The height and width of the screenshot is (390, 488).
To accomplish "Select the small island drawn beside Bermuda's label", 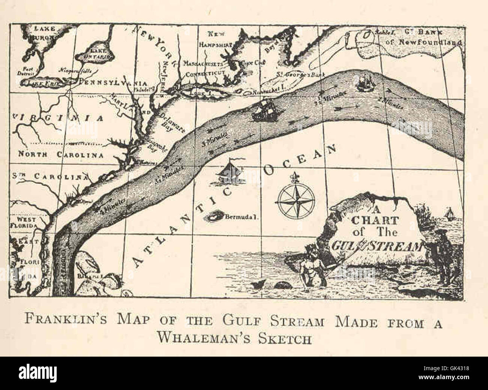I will pyautogui.click(x=215, y=216).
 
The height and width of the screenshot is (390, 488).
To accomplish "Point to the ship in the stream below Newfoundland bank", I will pyautogui.click(x=363, y=83).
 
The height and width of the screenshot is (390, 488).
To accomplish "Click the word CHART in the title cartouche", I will pyautogui.click(x=372, y=220).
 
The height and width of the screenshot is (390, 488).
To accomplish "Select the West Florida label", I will pyautogui.click(x=26, y=222).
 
